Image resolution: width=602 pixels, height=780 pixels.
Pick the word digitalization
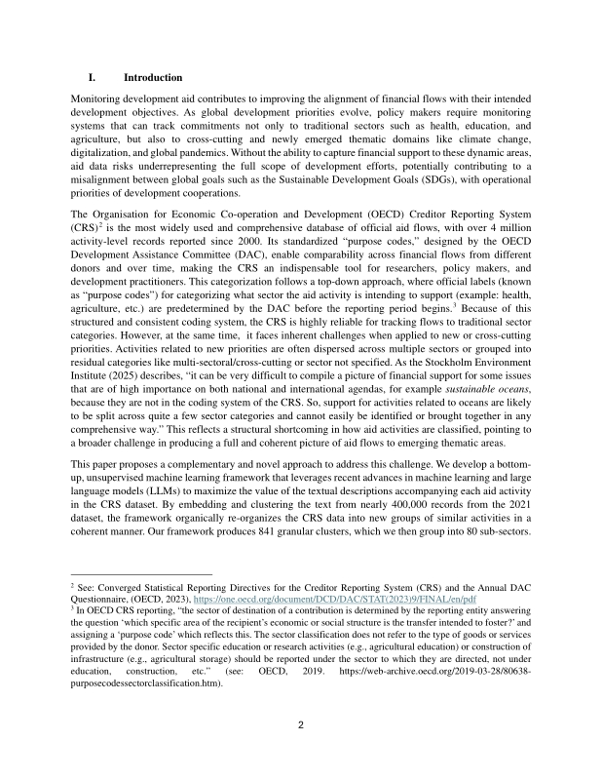coord(106,168)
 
